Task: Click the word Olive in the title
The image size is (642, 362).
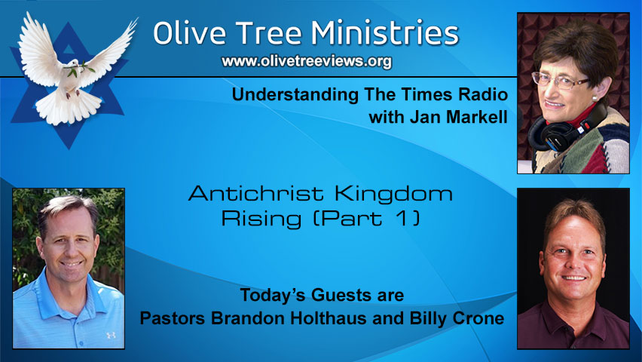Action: (x=193, y=33)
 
